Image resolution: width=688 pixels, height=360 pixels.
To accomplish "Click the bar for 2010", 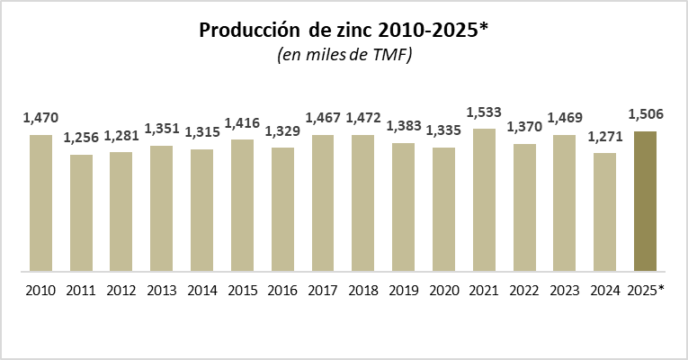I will pos(40,202).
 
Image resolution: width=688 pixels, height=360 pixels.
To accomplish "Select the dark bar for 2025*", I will pos(645,201).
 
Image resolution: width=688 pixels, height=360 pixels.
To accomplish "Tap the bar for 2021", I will pos(484,200).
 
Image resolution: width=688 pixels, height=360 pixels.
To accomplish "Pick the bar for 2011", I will pos(81,212).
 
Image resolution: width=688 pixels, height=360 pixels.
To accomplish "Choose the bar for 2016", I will pos(282,209).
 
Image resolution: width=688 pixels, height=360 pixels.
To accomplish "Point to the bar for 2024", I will pos(604,211).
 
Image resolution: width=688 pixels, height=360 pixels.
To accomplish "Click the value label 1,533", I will pos(484,112).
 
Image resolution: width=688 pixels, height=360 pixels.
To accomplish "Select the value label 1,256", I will pos(81,139).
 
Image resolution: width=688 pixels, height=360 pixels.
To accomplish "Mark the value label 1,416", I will pos(242,123).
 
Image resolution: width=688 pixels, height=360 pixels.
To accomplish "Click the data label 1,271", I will pos(604,137).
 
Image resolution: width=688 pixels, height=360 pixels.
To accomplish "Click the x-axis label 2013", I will pos(162,291).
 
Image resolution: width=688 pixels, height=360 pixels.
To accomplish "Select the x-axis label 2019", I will pos(403,291).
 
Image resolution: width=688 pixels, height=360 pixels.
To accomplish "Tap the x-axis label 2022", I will pos(524,291).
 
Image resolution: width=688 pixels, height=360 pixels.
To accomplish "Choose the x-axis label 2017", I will pos(323,291).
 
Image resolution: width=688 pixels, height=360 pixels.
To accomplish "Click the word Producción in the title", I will pos(248,31).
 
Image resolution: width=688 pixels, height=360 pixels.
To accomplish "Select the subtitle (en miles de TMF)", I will pos(343,56).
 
